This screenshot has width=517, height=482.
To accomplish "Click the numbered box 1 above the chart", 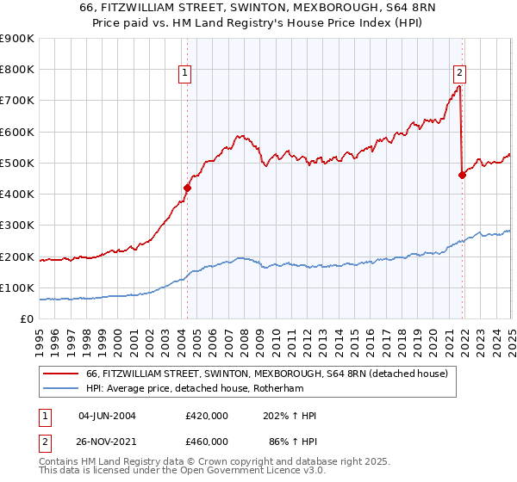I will [x=186, y=73].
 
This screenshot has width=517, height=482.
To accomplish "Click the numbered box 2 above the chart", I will [x=460, y=73].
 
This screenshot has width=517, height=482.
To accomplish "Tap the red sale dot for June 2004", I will [x=187, y=187].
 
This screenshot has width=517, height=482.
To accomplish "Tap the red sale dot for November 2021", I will [x=462, y=175].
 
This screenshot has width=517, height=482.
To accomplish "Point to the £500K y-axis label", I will [x=18, y=163].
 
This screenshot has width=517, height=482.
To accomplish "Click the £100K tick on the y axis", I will [x=18, y=287].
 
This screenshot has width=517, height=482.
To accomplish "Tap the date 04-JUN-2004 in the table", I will [x=107, y=416].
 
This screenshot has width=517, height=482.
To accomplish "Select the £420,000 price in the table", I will [x=207, y=416].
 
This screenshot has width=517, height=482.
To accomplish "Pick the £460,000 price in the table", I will [x=207, y=441].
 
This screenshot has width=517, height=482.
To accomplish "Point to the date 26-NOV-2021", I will [x=107, y=441].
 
